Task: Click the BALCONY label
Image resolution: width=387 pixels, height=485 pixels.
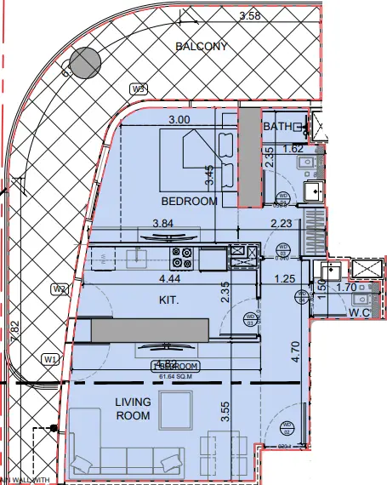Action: pyautogui.click(x=201, y=47)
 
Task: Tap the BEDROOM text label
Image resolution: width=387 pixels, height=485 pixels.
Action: pyautogui.click(x=190, y=201)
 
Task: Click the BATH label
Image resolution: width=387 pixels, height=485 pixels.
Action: pyautogui.click(x=277, y=127)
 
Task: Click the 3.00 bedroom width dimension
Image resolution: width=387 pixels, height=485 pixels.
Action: pyautogui.click(x=179, y=120)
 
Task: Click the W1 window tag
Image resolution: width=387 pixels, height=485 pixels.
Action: pyautogui.click(x=50, y=359)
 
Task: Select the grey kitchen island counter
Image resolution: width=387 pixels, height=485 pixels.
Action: pyautogui.click(x=150, y=329)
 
